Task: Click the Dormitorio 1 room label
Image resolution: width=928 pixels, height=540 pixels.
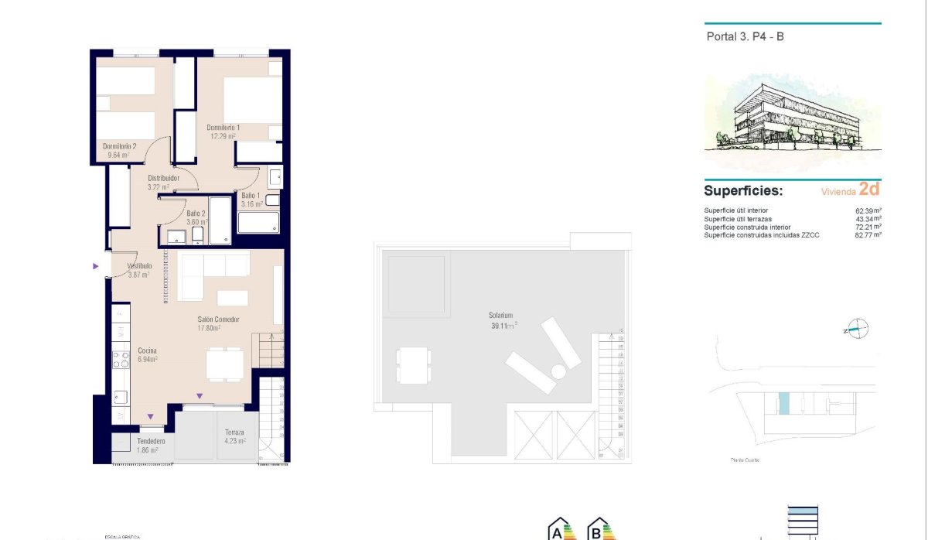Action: [x=223, y=128]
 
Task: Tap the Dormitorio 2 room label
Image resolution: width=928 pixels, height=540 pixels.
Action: [x=119, y=146]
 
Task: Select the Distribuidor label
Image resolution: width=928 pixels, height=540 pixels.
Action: [x=163, y=178]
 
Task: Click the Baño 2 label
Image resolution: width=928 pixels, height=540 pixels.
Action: [x=196, y=214]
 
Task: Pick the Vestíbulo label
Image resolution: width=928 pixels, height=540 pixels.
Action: [x=139, y=266]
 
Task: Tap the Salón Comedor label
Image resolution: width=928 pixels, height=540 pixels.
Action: [x=217, y=320]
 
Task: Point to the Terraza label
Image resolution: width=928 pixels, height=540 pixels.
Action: [x=234, y=432]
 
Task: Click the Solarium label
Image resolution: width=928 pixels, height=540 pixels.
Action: [x=500, y=316]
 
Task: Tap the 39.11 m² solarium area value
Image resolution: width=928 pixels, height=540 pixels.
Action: [x=502, y=326]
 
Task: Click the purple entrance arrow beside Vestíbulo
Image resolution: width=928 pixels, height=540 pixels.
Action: [x=95, y=266]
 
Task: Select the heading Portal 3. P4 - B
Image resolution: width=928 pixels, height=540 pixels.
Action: [x=745, y=36]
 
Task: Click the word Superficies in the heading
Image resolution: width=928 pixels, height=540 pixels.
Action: [x=743, y=191]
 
